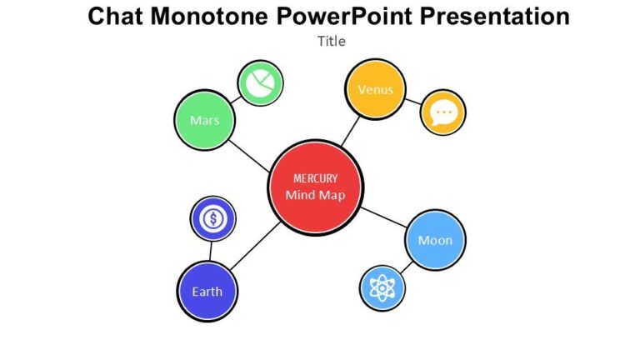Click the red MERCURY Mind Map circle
(x=315, y=187)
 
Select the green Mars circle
(x=205, y=121)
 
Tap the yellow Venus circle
(x=375, y=90)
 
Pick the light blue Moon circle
(x=435, y=240)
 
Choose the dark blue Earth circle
(x=207, y=292)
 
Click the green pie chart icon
(x=261, y=84)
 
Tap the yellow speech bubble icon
(x=442, y=112)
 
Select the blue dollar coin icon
(x=213, y=219)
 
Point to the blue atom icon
(x=382, y=288)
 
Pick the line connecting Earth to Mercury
(x=254, y=247)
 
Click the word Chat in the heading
(x=115, y=16)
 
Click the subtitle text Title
(x=331, y=41)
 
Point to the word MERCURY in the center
(x=314, y=178)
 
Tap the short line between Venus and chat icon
(x=412, y=102)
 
